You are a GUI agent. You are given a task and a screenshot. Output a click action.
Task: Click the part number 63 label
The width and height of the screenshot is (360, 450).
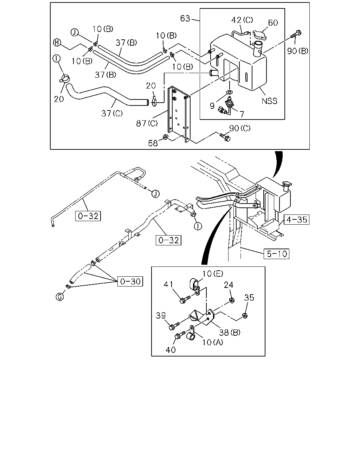tap(185, 19)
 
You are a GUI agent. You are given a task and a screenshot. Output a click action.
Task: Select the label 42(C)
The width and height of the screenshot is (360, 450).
tap(242, 20)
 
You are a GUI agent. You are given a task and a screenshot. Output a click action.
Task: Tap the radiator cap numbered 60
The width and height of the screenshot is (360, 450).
tap(259, 35)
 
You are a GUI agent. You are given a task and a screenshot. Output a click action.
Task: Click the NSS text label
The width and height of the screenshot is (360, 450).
tap(269, 101)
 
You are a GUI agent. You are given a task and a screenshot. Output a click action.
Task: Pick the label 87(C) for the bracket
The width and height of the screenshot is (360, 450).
tap(147, 123)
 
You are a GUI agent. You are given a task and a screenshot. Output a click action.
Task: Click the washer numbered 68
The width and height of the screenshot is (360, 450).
tap(165, 137)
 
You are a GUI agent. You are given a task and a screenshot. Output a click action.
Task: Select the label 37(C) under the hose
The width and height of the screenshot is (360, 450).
tap(112, 113)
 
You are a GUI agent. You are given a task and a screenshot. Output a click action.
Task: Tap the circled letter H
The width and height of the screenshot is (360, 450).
tap(57, 43)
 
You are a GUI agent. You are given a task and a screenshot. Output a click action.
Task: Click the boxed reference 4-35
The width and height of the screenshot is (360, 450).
tap(296, 220)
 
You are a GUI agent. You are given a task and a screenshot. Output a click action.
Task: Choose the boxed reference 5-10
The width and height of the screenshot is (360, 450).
tap(277, 254)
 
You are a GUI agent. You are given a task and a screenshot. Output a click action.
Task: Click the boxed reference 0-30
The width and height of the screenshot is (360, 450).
tap(130, 281)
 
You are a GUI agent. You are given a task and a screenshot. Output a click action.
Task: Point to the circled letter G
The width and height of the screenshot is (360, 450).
tap(60, 297)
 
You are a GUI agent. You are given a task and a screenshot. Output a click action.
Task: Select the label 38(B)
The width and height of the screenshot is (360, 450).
tap(230, 332)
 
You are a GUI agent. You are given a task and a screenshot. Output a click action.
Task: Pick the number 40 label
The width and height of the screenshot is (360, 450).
tap(171, 350)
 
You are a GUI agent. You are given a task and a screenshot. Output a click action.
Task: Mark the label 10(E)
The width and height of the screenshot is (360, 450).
tap(213, 274)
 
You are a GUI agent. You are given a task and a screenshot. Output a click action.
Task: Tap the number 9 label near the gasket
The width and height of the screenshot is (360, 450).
tap(212, 106)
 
